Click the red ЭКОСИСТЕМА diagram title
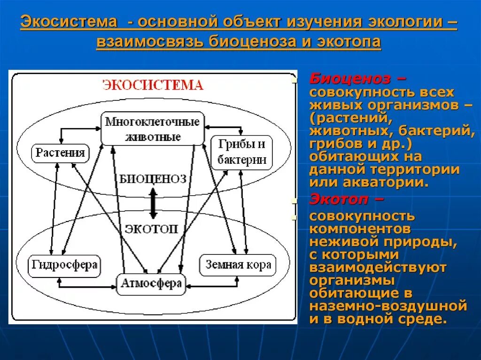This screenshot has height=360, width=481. [x=153, y=85]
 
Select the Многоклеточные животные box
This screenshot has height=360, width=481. [x=153, y=129]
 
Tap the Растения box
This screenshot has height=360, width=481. [x=60, y=153]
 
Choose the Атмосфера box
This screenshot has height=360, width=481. [x=151, y=283]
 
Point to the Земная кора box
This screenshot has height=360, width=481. [x=238, y=265]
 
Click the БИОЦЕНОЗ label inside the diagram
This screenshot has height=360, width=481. [x=153, y=179]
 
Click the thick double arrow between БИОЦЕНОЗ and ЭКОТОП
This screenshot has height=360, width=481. [x=153, y=203]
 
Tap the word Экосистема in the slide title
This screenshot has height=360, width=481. [x=69, y=22]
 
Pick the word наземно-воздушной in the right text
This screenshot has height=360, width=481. [x=388, y=306]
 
